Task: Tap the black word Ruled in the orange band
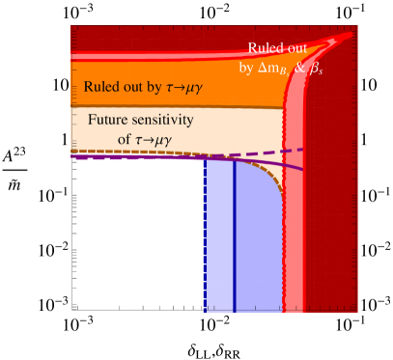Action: pyautogui.click(x=103, y=86)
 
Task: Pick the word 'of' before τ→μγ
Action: pyautogui.click(x=101, y=137)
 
